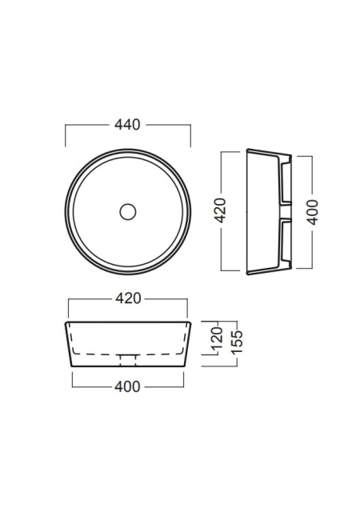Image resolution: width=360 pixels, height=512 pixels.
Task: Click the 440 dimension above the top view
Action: [127, 125]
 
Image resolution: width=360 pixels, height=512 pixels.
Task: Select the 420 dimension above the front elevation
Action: [128, 298]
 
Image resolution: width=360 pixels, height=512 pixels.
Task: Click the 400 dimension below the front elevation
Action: [127, 386]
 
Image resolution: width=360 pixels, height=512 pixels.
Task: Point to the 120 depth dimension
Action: [217, 338]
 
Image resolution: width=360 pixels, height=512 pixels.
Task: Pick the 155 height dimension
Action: [237, 342]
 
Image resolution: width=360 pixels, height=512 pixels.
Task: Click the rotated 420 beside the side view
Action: [221, 210]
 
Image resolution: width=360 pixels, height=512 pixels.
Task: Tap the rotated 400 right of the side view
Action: [312, 212]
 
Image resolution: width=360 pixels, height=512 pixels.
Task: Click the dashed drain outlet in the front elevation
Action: [128, 360]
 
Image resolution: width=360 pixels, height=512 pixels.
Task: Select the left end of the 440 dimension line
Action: [66, 125]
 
